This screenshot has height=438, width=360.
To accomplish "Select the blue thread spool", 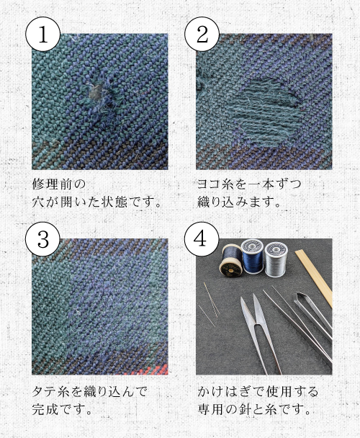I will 251,256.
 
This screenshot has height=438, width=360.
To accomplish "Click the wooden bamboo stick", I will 317,277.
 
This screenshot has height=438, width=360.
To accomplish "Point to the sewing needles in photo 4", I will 210,303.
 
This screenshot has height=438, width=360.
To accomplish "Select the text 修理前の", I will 53,183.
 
